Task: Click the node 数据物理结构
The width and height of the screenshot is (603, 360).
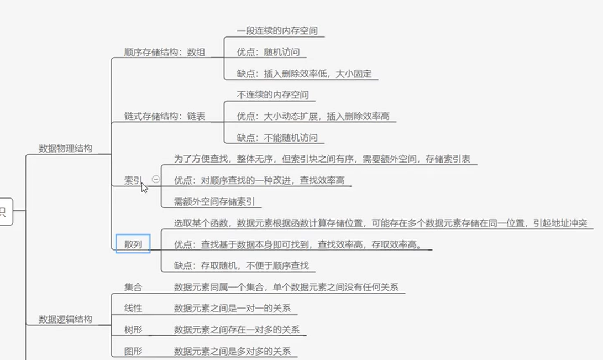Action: pos(65,148)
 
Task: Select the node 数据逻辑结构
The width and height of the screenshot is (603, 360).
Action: pos(65,319)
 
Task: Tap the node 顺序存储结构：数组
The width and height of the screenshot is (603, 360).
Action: pos(165,53)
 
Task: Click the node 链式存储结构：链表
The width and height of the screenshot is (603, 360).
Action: pos(165,116)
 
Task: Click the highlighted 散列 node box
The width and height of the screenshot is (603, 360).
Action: pos(133,244)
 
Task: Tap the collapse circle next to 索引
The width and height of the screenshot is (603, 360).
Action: pos(156,179)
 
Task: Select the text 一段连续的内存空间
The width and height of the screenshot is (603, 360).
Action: pos(277,31)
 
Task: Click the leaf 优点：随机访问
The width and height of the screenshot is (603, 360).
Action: pos(268,53)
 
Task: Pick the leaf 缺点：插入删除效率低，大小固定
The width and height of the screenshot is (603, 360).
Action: pos(304,74)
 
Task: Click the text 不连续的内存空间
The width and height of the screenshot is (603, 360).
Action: pos(272,95)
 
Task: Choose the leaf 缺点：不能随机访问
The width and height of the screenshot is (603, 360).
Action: pos(277,138)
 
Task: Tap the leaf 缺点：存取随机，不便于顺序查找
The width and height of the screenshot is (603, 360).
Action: pos(241,265)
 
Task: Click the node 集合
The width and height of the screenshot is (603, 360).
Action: pos(133,288)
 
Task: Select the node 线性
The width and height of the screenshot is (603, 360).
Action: pos(133,309)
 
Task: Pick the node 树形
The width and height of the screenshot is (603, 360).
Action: pos(133,330)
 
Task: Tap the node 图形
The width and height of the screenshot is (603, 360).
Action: pos(133,351)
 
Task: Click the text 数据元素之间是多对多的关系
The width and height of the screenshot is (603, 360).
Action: pos(232,351)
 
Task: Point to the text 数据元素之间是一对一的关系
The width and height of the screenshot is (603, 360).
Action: pos(232,309)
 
